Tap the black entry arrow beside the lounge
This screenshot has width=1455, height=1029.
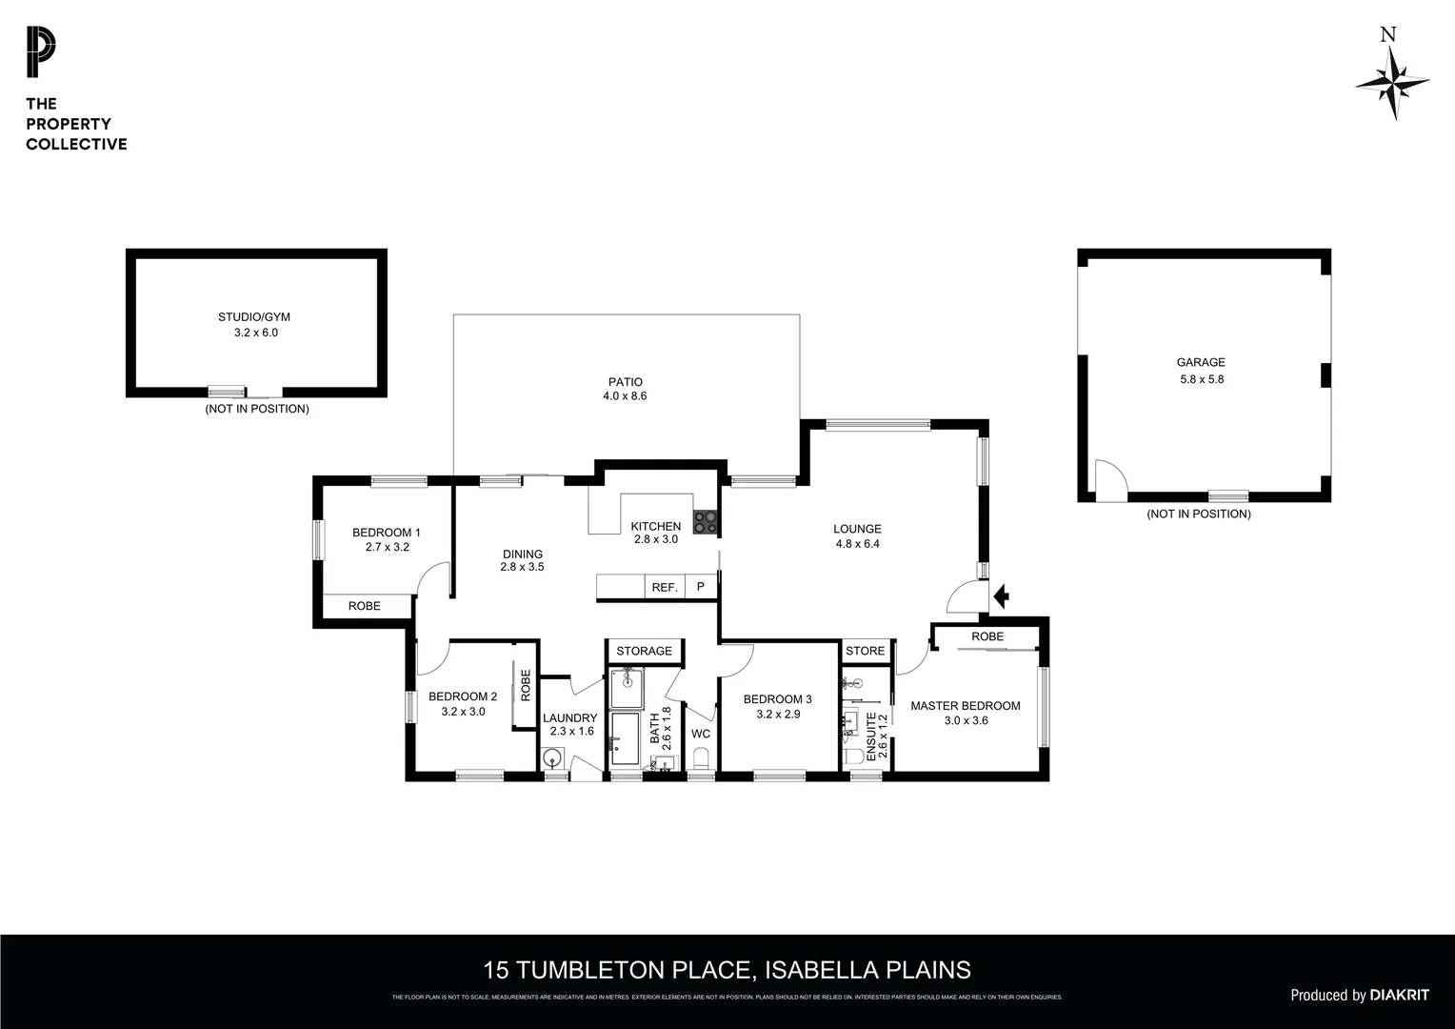tap(1000, 596)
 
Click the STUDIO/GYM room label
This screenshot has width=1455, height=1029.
tap(248, 317)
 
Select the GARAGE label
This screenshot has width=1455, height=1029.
tap(1201, 362)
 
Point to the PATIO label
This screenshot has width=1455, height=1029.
tap(625, 382)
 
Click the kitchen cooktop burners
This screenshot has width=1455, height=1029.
tap(706, 521)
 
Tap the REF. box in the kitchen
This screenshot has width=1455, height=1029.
tap(665, 587)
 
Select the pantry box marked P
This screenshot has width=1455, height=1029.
tap(701, 587)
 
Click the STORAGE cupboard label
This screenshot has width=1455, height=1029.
tap(644, 651)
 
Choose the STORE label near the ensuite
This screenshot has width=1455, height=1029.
tap(865, 651)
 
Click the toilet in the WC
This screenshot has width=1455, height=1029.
tap(702, 757)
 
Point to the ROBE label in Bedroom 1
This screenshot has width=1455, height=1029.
tap(364, 606)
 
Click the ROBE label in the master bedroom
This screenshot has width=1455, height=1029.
tap(987, 636)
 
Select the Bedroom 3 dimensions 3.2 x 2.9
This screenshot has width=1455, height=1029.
tap(778, 714)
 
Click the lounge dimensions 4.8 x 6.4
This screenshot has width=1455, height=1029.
tap(857, 544)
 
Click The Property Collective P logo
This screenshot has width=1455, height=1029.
tap(41, 52)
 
